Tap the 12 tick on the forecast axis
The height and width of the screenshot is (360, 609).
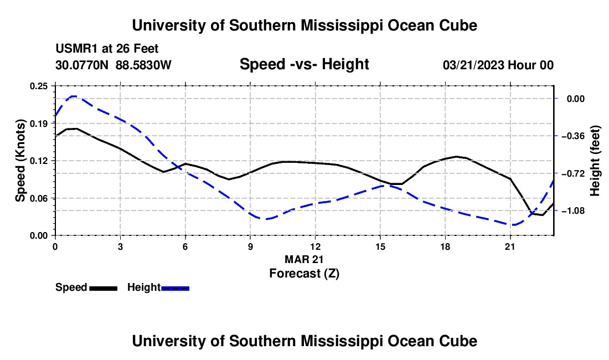pos(316,246)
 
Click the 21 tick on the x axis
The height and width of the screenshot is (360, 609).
pos(510,246)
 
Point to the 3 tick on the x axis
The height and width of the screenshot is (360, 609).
pos(120,246)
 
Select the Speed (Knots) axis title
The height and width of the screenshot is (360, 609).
pos(20,161)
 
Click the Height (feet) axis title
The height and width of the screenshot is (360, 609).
pos(595,161)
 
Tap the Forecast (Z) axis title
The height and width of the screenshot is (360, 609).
pos(304,274)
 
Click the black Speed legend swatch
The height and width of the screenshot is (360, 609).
pos(104,289)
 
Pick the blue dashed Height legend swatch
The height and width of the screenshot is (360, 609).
pos(175,289)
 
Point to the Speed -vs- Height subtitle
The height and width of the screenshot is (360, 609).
pos(304,64)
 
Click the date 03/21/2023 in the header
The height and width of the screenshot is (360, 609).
pos(473,65)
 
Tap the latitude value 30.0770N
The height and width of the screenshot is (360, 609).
pos(82,65)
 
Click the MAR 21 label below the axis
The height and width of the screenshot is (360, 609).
pos(304,259)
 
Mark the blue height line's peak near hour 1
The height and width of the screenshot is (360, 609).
pos(73,96)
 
